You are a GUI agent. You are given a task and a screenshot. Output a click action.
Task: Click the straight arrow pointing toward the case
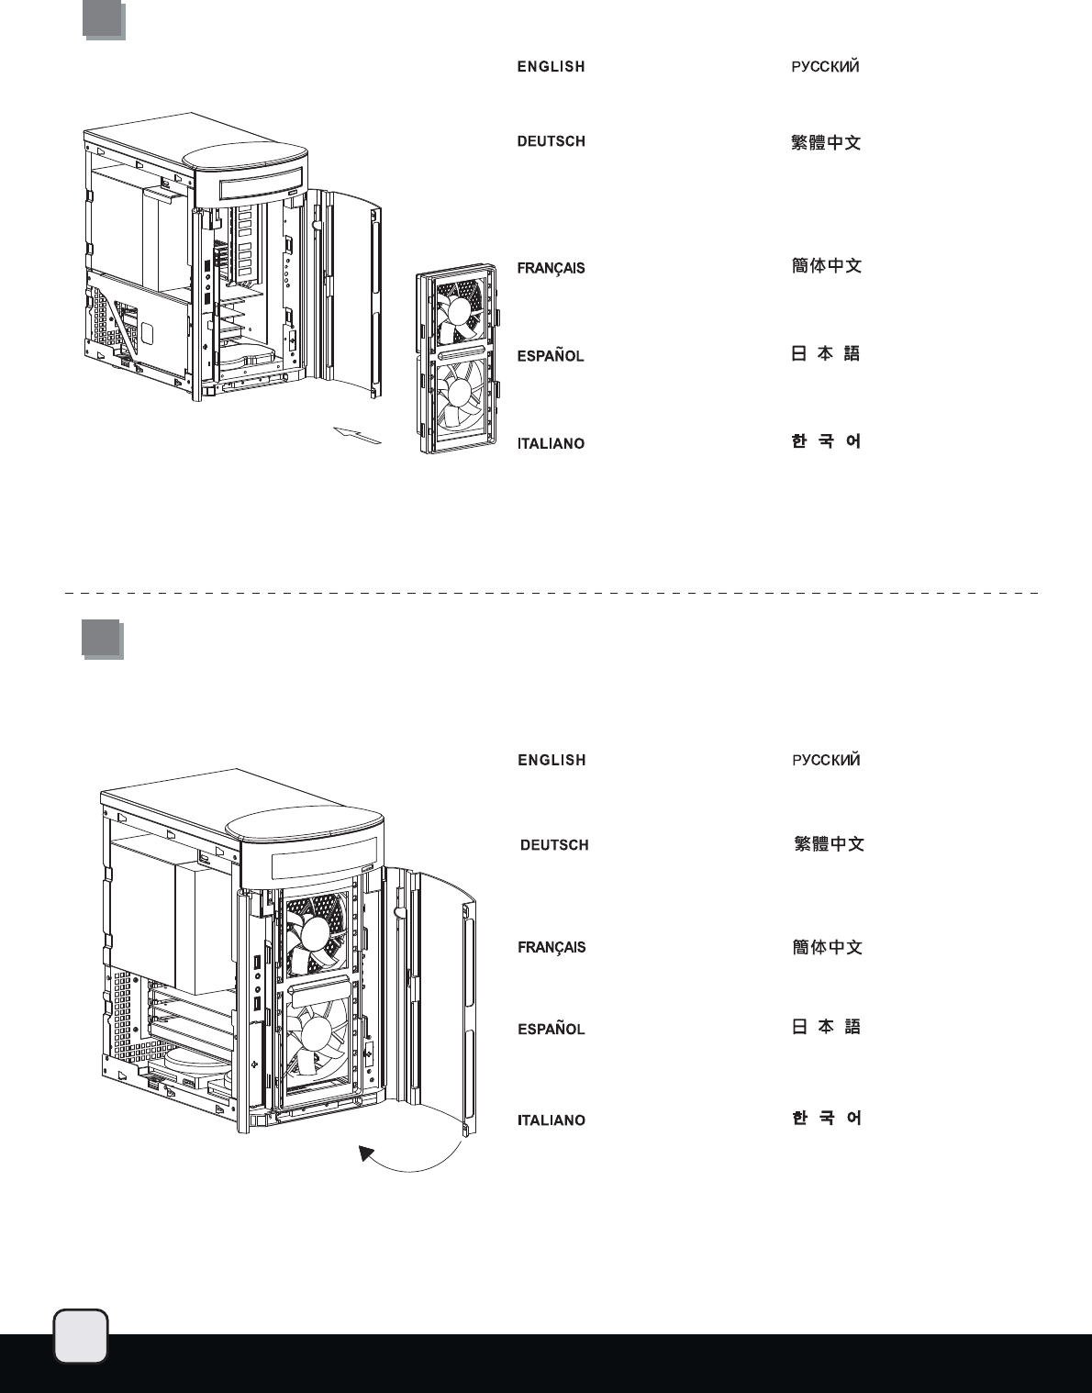tap(357, 435)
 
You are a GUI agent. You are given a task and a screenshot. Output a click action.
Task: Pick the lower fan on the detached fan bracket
tap(459, 393)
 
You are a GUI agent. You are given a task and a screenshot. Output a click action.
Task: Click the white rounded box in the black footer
tap(81, 1336)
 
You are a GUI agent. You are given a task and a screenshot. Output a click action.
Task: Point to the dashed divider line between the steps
tap(551, 594)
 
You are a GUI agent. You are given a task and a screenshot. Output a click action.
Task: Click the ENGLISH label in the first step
tap(551, 67)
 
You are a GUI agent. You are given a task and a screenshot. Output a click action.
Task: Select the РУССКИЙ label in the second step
tap(826, 761)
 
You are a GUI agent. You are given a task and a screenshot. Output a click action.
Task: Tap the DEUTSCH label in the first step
tap(551, 141)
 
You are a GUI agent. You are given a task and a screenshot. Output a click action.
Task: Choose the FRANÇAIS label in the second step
tap(552, 948)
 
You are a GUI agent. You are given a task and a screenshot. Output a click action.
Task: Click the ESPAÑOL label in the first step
tap(551, 356)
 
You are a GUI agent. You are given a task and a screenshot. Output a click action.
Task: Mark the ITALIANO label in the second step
tap(552, 1120)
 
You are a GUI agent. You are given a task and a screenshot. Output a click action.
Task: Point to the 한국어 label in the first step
tap(826, 441)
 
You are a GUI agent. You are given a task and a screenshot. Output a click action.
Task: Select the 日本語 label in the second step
tap(826, 1027)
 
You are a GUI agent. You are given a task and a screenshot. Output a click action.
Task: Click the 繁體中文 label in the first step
tap(826, 142)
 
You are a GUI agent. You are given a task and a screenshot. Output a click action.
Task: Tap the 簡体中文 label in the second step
tap(827, 947)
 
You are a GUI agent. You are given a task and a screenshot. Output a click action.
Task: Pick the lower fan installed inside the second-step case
tap(316, 1035)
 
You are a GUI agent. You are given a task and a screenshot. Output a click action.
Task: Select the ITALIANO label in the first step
tap(551, 444)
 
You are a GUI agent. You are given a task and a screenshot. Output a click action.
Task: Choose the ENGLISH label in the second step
tap(552, 761)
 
